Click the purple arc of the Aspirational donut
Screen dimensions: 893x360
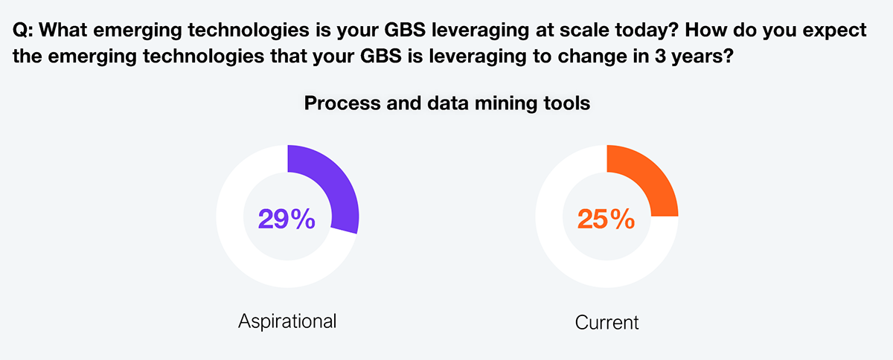[335, 181]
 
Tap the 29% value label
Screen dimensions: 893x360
[287, 219]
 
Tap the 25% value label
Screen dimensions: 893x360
[606, 219]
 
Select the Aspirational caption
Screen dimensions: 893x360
[287, 321]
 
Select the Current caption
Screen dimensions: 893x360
[606, 323]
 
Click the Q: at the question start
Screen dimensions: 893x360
[23, 30]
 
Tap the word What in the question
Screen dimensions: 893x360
[63, 30]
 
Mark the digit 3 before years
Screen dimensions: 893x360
[660, 57]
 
